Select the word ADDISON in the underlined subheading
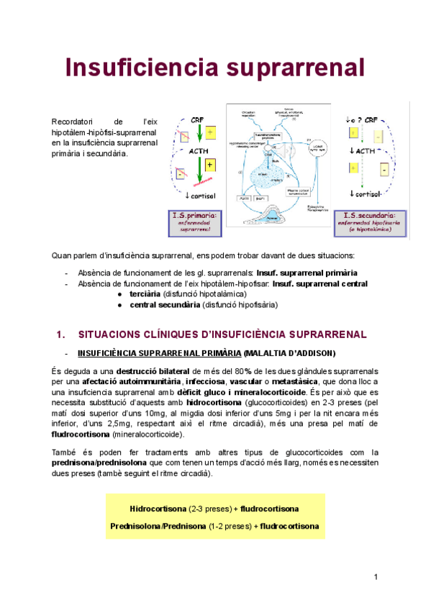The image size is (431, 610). [312, 353]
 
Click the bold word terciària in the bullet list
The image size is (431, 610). [145, 294]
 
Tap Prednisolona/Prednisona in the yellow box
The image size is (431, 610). [157, 527]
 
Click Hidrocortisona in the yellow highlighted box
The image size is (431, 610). [159, 509]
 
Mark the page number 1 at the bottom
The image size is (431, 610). [376, 578]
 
